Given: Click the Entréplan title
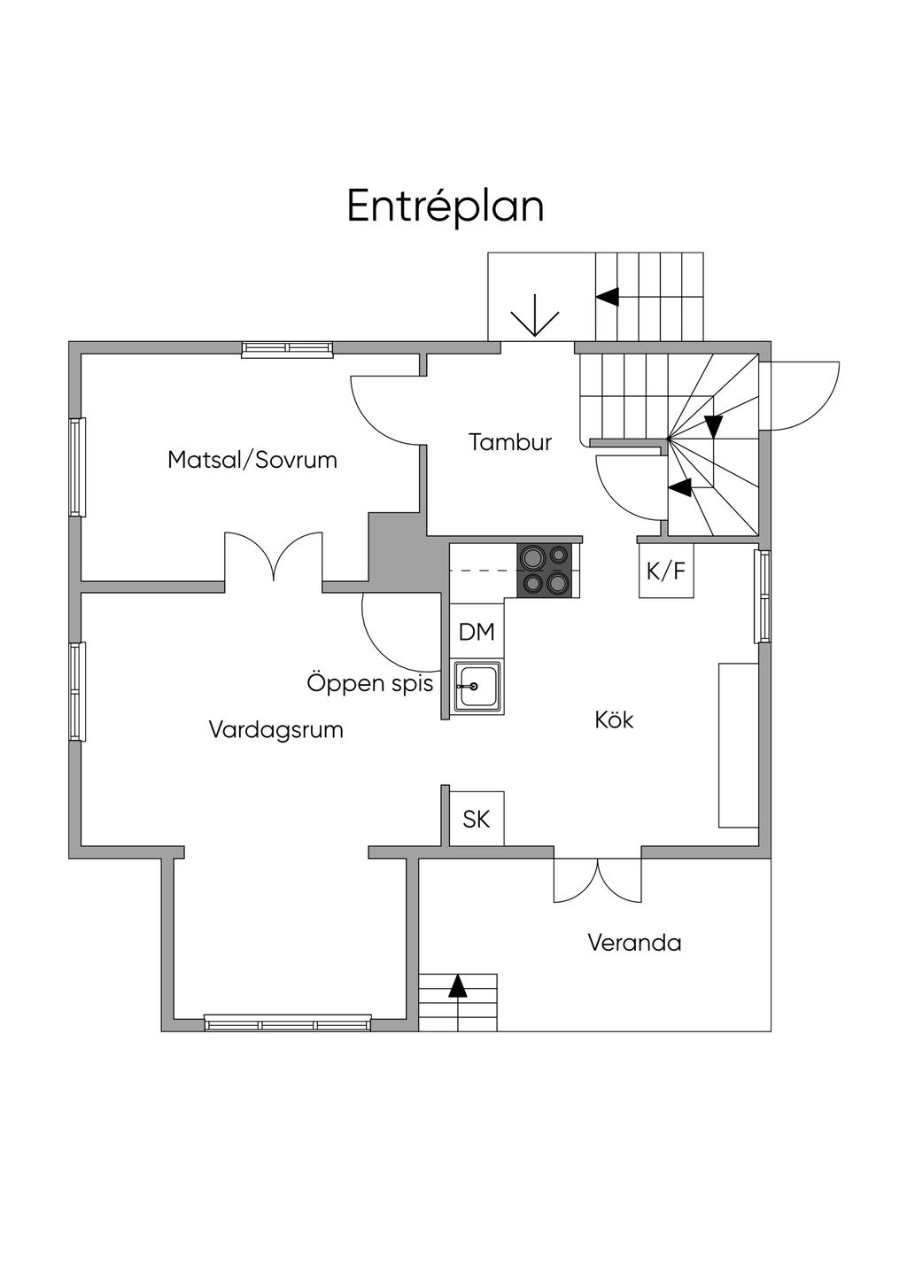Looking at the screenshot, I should (445, 206).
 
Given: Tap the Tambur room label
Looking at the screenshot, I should (510, 442).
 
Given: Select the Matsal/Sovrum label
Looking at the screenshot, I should (252, 460).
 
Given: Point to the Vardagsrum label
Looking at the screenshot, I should (275, 730).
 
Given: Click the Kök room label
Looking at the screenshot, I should (614, 719).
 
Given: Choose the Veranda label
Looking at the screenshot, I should (634, 942).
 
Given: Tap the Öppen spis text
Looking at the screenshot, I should (370, 683).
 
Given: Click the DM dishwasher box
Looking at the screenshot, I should (477, 632).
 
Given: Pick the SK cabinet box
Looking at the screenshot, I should (477, 819).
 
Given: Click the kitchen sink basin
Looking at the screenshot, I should (477, 687).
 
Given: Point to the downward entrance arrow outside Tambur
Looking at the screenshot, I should (535, 317).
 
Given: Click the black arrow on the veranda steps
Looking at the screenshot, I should (457, 986).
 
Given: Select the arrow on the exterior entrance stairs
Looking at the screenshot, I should (608, 297).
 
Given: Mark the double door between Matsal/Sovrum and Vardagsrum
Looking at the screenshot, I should (273, 558).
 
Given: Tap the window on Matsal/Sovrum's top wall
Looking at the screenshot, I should (288, 349).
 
